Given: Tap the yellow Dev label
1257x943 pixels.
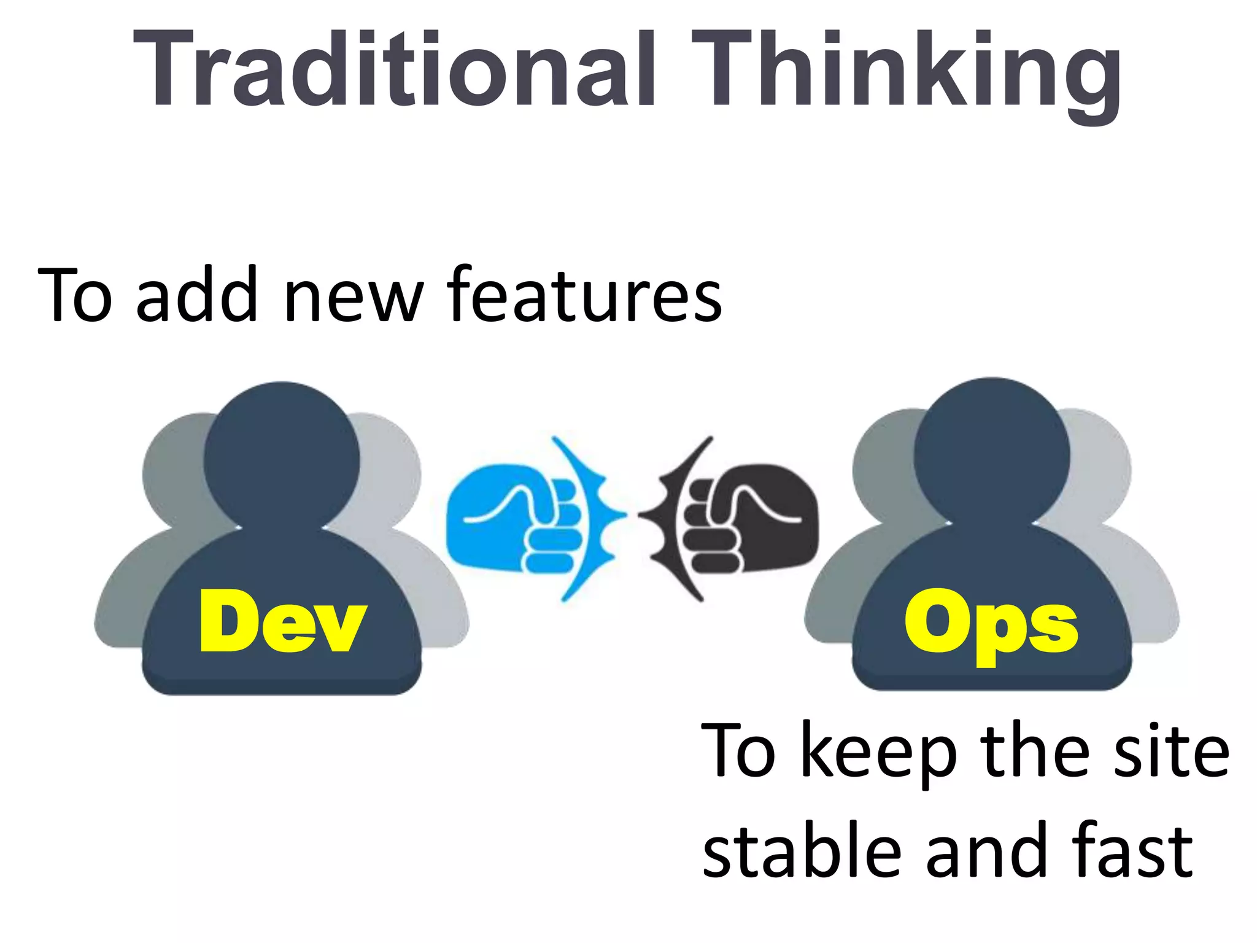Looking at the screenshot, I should (282, 621).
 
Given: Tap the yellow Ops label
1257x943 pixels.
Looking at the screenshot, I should (991, 624).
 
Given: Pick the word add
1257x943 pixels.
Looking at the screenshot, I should (196, 295).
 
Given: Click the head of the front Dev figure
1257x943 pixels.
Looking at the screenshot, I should (282, 454).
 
